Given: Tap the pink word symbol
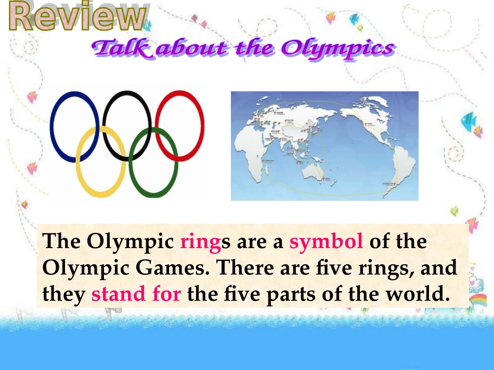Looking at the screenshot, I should coord(326,242).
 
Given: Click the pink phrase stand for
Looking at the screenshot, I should coord(136,294).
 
